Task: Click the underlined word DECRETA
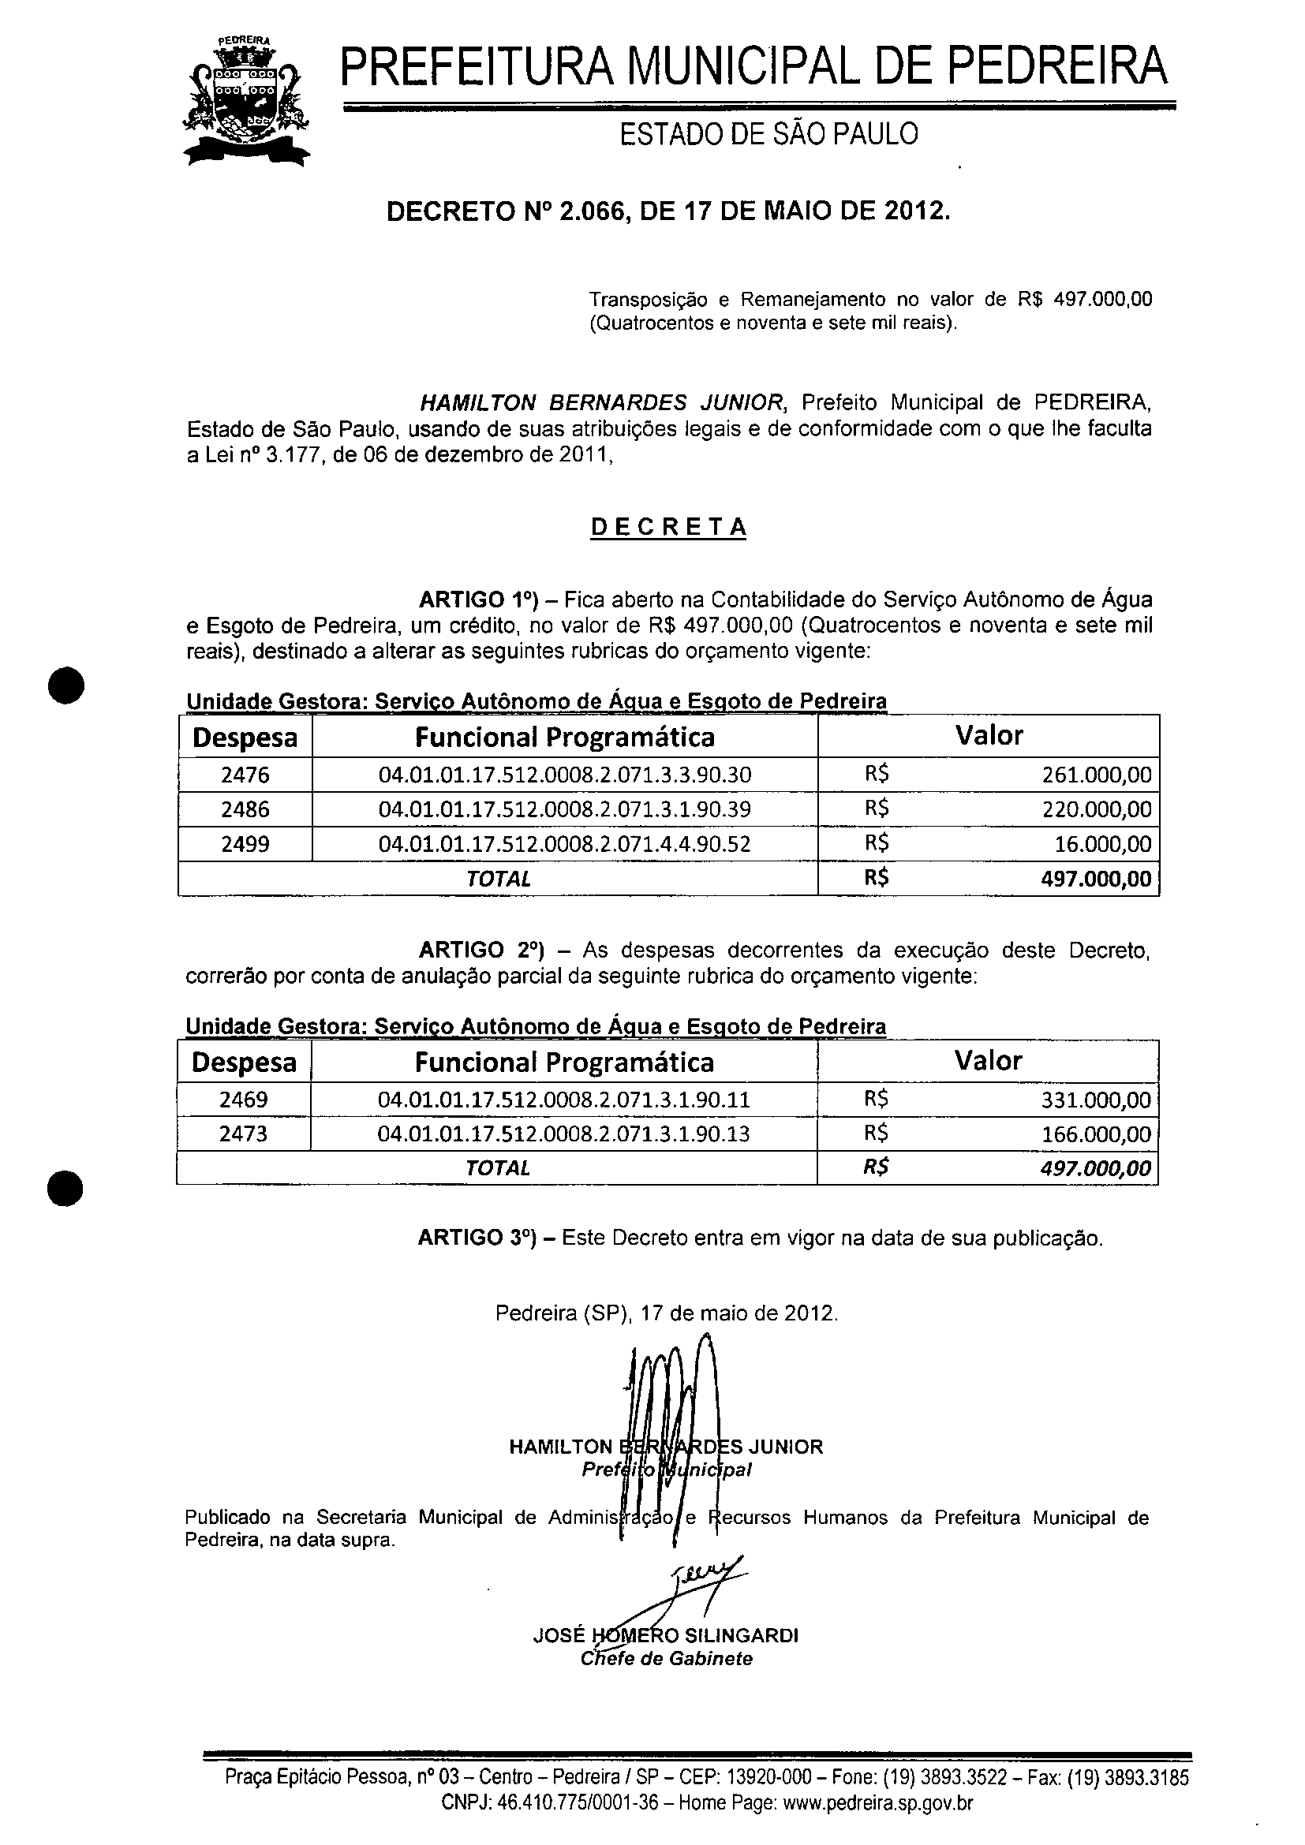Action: (x=668, y=527)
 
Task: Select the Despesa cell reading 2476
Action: (x=245, y=775)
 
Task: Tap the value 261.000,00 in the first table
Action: (x=1096, y=775)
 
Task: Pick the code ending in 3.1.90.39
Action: (x=564, y=809)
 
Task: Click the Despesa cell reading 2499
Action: (x=245, y=844)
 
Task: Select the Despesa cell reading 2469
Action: (x=244, y=1100)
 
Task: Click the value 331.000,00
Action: (x=1096, y=1100)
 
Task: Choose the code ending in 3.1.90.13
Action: (x=563, y=1134)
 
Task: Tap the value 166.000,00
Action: (x=1096, y=1134)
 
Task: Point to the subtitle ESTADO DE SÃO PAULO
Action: (x=768, y=134)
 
